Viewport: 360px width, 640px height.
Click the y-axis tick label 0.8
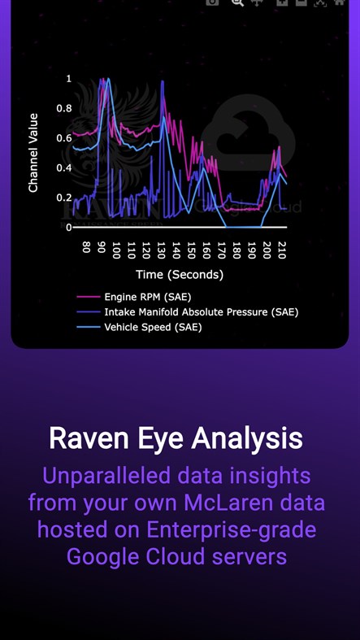coord(63,108)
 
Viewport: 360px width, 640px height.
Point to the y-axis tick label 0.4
coord(63,168)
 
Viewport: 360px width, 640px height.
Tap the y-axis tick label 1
coord(69,79)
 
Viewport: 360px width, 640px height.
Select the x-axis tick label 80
coord(86,246)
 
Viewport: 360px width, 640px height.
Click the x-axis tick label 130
coord(161,249)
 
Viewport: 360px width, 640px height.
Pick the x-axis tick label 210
coord(281,249)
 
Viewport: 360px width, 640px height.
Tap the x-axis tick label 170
coord(221,249)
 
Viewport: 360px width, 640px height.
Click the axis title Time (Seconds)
coord(180,275)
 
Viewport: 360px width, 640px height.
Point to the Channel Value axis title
coord(33,153)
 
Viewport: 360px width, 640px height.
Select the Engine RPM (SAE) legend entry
coord(147,298)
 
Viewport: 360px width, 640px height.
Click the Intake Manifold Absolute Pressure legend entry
coord(201,312)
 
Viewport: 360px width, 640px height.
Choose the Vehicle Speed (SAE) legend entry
coord(153,327)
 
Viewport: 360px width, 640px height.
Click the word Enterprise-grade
coord(231,529)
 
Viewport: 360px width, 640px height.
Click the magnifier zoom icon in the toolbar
coord(237,2)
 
